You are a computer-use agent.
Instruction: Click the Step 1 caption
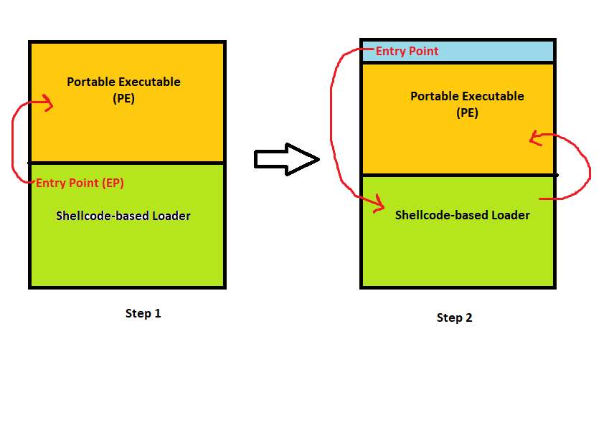tap(143, 313)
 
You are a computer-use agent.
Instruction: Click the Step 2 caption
tap(454, 317)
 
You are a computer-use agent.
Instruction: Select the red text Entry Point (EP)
tap(80, 183)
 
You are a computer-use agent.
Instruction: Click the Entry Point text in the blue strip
tap(407, 51)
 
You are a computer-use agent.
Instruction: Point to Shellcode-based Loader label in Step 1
tap(123, 216)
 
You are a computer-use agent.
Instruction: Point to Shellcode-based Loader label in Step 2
tap(463, 215)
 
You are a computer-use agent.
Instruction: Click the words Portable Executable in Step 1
tap(123, 82)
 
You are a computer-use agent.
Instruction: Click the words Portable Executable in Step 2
tap(467, 96)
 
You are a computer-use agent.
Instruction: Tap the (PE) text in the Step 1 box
tap(123, 99)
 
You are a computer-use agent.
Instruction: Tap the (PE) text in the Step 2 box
tap(467, 113)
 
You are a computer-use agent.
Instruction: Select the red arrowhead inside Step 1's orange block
tap(48, 105)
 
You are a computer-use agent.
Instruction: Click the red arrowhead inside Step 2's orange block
tap(534, 139)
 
